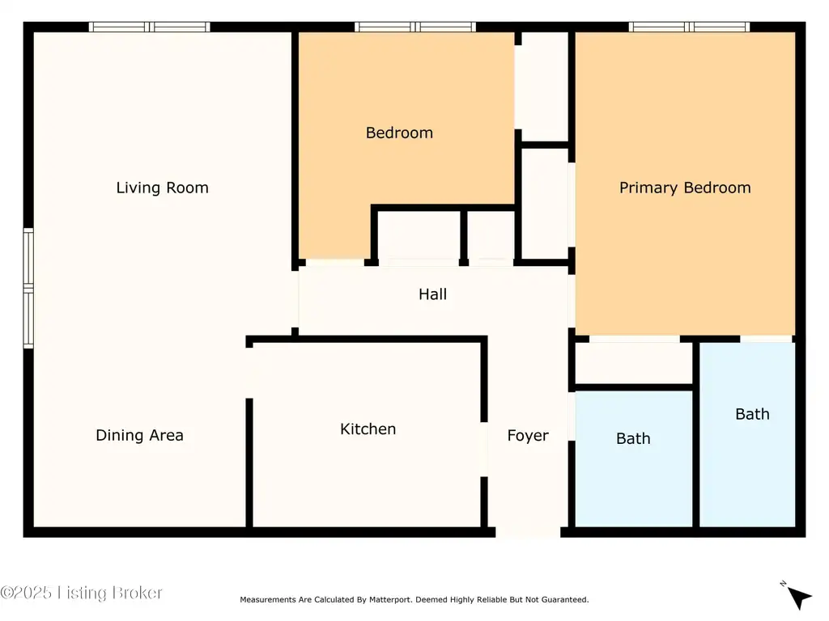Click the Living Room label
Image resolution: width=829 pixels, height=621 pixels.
[x=162, y=188]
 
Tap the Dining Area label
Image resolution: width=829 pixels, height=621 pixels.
[x=139, y=435]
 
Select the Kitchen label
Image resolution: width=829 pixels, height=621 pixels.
[x=368, y=429]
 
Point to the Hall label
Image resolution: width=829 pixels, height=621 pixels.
[x=432, y=294]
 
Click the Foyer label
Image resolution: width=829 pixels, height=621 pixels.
[x=528, y=436]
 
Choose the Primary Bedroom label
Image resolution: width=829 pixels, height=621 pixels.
[x=685, y=188]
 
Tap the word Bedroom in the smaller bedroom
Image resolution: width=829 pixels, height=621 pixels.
[x=399, y=133]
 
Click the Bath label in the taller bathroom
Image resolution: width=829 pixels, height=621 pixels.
[x=752, y=414]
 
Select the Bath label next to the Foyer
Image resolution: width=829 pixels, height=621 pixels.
[x=633, y=438]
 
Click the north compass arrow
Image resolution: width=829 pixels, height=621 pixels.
[x=798, y=598]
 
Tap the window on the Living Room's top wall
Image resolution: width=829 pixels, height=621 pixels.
[x=149, y=27]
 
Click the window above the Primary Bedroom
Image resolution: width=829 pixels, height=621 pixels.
[x=689, y=27]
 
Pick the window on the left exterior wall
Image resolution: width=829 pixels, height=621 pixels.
[x=28, y=289]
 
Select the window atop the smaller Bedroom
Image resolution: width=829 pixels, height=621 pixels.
[x=415, y=27]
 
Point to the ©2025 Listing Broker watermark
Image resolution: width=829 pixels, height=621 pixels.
[x=81, y=593]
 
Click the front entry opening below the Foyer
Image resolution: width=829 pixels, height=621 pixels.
[x=528, y=532]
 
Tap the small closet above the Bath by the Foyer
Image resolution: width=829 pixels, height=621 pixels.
[x=633, y=362]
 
